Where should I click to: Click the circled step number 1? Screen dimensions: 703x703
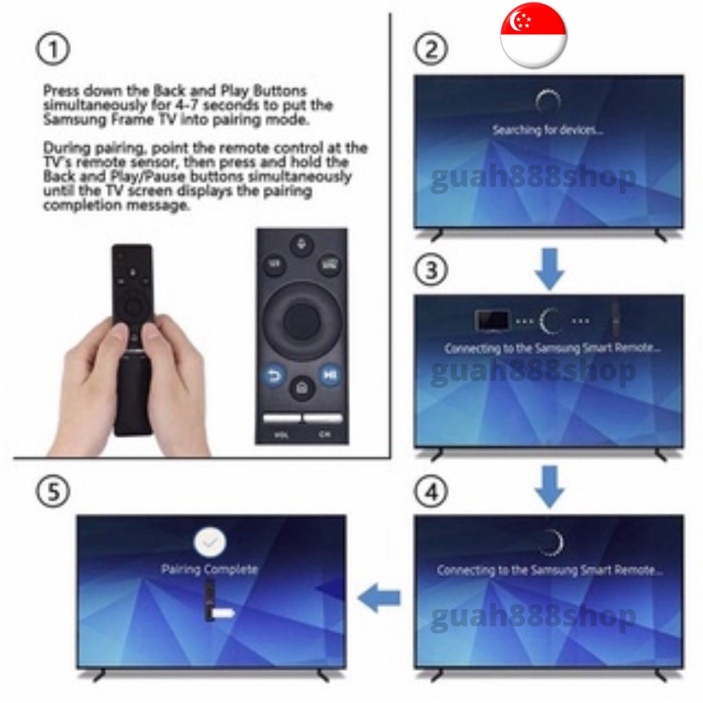(x=53, y=49)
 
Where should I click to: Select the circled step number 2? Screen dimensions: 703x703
(x=431, y=49)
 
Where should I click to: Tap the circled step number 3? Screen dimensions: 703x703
(x=431, y=270)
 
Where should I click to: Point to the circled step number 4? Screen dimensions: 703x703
(x=431, y=492)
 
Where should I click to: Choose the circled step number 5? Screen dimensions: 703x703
(x=53, y=492)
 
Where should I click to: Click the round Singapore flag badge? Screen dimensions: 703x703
(x=533, y=35)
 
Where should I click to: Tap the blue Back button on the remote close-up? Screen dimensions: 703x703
(x=273, y=376)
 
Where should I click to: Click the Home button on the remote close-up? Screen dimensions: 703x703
(x=302, y=387)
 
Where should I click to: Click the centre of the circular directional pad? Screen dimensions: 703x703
(x=302, y=321)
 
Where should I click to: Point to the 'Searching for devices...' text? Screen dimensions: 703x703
(x=548, y=130)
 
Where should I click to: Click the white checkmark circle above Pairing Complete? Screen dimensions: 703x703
(x=210, y=542)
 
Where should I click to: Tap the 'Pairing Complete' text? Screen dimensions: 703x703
(x=209, y=569)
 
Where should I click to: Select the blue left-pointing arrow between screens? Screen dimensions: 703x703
(x=379, y=597)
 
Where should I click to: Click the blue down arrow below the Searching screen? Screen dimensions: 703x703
(x=550, y=268)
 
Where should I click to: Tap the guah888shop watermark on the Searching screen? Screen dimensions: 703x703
(x=533, y=178)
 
